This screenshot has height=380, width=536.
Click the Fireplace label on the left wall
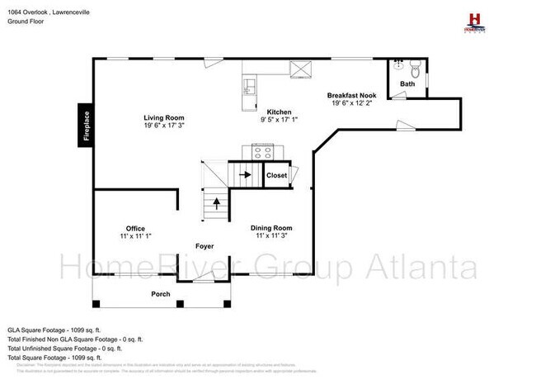tap(86, 125)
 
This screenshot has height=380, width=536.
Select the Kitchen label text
tap(279, 112)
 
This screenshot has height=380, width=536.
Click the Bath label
tap(407, 84)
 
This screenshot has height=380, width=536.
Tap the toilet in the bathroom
tap(415, 69)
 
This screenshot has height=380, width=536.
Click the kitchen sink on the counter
tap(250, 84)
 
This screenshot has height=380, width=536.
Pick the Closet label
tap(276, 175)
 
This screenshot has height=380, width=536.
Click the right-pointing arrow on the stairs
tap(245, 175)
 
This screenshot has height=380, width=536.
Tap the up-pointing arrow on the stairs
tap(217, 203)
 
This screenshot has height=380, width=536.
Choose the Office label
tap(135, 228)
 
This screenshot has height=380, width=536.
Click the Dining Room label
tap(271, 227)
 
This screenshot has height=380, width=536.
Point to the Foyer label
tap(205, 246)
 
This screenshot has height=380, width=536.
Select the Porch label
tap(160, 294)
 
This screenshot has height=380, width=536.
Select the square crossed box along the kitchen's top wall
tap(298, 69)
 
